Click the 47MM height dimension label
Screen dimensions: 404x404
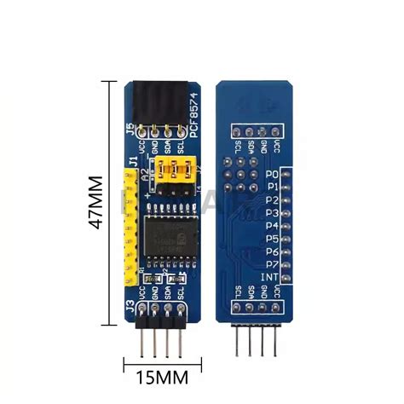click(95, 202)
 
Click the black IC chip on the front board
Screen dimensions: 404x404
click(168, 236)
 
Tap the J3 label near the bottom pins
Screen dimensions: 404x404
click(130, 303)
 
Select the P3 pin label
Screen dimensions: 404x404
click(273, 212)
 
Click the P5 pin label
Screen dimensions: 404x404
click(273, 240)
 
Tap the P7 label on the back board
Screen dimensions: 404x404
click(273, 266)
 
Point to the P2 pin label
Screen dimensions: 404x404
click(273, 199)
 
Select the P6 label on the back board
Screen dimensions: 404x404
click(273, 253)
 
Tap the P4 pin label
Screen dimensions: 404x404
click(273, 226)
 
